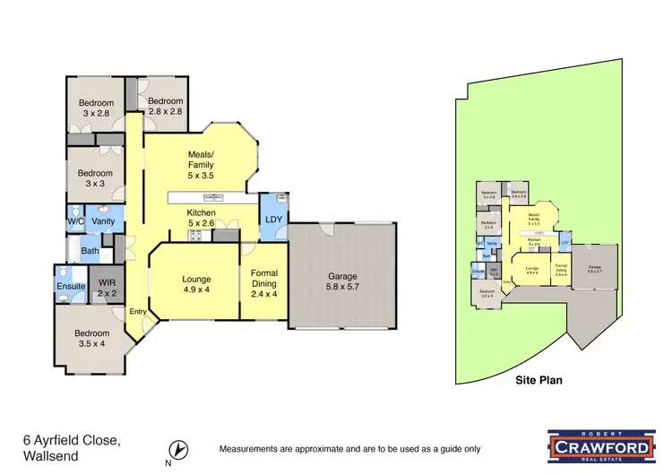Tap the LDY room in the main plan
(272, 218)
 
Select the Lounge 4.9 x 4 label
(195, 283)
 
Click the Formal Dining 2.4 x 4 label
(264, 282)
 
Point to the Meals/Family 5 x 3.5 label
(201, 164)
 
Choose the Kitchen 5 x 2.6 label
(201, 218)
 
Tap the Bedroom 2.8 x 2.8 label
(165, 106)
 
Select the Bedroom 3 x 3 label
(94, 178)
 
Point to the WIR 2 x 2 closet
(108, 288)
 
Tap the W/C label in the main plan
(75, 220)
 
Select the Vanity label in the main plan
(102, 220)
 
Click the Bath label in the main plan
(90, 251)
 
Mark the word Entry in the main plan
(137, 311)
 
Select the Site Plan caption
(538, 380)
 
